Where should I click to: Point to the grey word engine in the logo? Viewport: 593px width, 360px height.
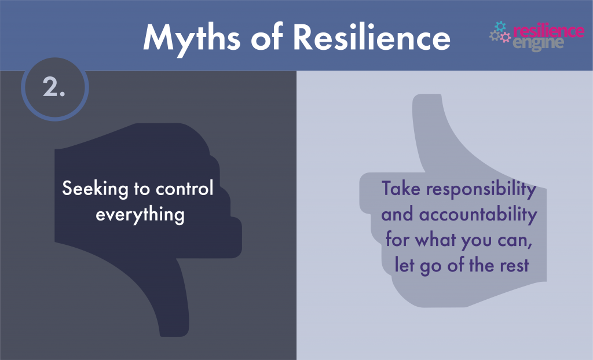coord(539,43)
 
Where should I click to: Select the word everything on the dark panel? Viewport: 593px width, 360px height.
coord(140,215)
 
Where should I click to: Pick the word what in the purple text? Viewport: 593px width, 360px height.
coord(438,240)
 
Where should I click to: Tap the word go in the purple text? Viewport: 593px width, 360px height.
coord(432,267)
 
